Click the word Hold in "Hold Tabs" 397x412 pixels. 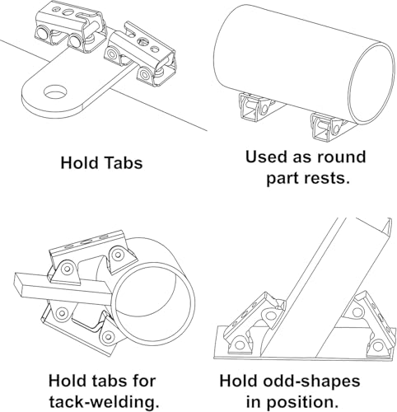(x=79, y=162)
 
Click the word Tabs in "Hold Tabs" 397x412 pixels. (x=123, y=162)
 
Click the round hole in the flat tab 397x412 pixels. (x=55, y=91)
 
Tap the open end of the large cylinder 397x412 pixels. (x=371, y=84)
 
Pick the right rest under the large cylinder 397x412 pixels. (x=329, y=127)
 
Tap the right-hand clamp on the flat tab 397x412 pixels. (x=140, y=54)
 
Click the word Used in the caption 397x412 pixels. (x=263, y=157)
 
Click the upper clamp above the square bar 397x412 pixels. (x=92, y=257)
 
